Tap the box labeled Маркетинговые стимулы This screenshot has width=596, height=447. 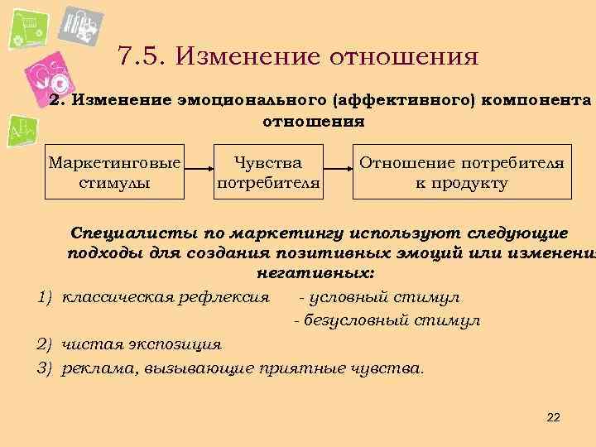pos(114,172)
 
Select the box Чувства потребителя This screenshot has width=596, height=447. pos(267,172)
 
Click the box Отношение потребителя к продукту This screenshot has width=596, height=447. pos(462,172)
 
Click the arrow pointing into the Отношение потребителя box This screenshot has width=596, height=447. pos(338,172)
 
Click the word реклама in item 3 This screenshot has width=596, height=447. pos(95,368)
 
